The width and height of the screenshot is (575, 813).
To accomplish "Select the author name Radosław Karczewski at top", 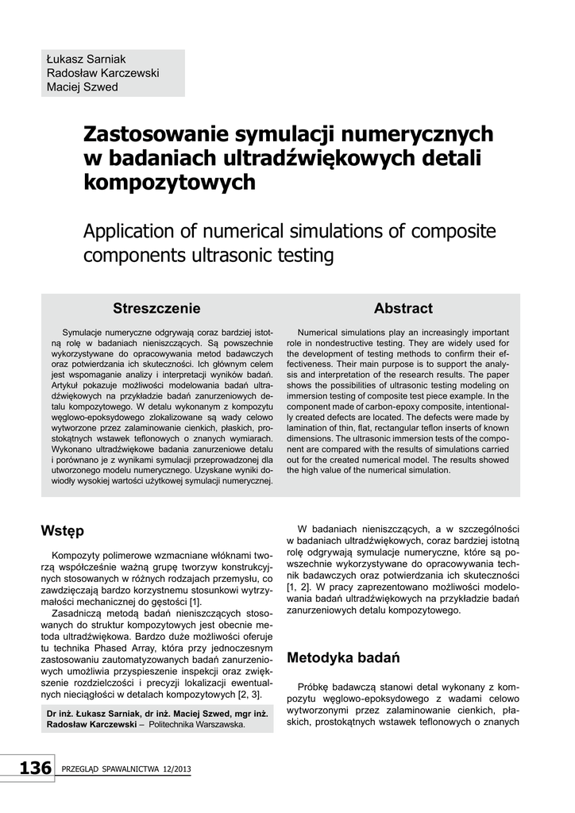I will [x=102, y=73].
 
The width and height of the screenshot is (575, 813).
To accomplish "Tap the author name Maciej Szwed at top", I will [x=83, y=87].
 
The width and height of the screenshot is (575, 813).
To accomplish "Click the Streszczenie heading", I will [x=156, y=308].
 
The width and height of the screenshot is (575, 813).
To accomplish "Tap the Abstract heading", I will [x=403, y=308].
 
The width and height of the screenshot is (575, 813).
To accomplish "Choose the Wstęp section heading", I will [x=62, y=530].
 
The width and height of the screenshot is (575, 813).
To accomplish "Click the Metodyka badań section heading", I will [x=342, y=657].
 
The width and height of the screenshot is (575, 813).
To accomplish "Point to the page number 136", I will [x=35, y=769].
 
